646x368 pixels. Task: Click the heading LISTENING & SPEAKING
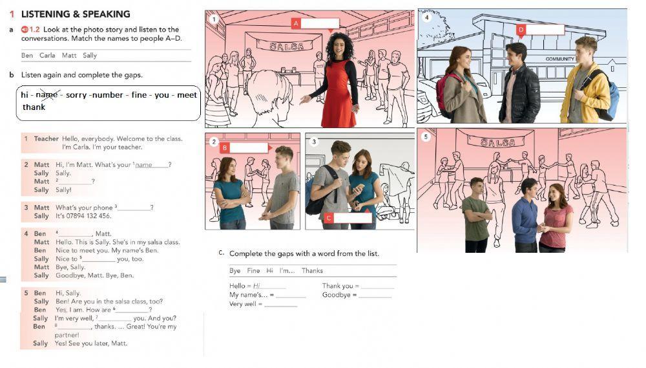[x=76, y=14]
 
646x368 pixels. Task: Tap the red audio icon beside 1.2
[x=25, y=29]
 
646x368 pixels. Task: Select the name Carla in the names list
[x=47, y=55]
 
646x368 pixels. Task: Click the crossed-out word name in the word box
[x=47, y=95]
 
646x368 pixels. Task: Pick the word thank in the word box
[x=34, y=107]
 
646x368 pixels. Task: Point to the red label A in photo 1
[x=296, y=23]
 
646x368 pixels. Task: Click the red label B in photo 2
[x=225, y=147]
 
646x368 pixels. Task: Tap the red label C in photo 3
[x=328, y=218]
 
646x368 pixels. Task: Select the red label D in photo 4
[x=521, y=30]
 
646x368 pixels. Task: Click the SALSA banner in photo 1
[x=287, y=45]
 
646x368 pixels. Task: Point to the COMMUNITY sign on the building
[x=560, y=59]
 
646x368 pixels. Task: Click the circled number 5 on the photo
[x=426, y=136]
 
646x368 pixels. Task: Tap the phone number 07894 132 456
[x=90, y=216]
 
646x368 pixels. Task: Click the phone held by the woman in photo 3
[x=358, y=188]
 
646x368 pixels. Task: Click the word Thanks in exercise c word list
[x=312, y=270]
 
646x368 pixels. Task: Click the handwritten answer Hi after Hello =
[x=256, y=286]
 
